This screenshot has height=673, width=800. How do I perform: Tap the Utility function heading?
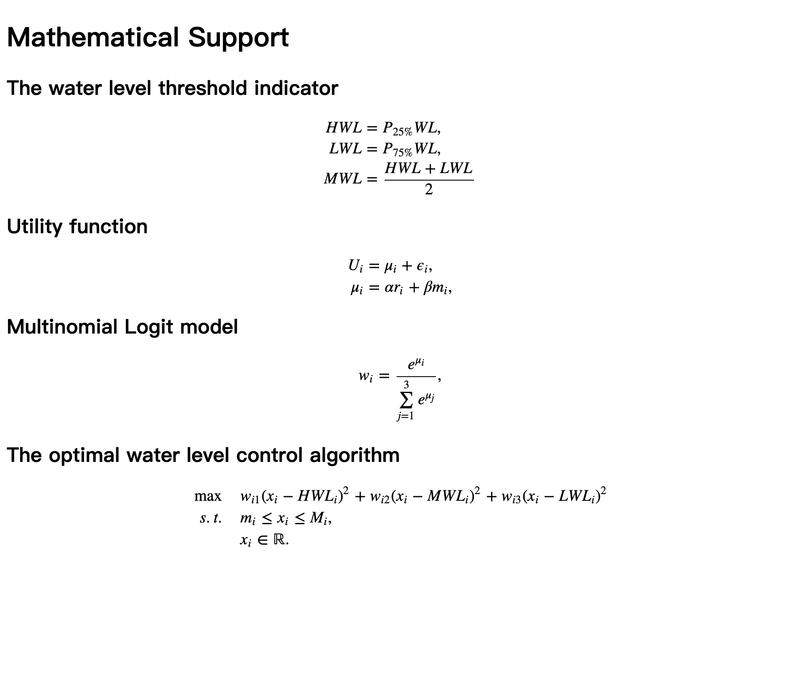(77, 227)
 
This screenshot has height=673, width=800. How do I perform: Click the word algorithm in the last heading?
(354, 455)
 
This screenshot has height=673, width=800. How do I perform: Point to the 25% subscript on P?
(403, 132)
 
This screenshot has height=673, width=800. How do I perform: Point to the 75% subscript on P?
(403, 153)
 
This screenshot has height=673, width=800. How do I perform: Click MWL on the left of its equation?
(343, 179)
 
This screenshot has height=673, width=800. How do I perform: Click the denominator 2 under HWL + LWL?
(429, 190)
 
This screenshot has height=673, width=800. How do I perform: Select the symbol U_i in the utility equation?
(355, 266)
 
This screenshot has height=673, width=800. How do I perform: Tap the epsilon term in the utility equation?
(423, 267)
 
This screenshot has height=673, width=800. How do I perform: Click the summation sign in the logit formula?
(406, 400)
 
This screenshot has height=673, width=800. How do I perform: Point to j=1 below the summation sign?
(405, 416)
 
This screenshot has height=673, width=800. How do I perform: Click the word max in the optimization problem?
(208, 497)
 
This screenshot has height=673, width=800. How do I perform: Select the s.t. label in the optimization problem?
(211, 519)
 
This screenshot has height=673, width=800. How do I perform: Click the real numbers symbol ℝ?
(280, 540)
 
